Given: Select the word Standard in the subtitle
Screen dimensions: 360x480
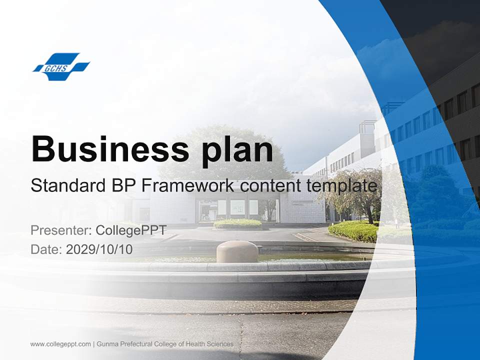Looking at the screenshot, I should click(x=62, y=186).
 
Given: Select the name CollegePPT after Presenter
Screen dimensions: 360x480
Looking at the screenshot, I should click(x=131, y=230).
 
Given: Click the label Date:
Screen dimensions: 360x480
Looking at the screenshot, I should click(x=46, y=249).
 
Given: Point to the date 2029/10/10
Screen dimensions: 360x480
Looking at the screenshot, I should click(x=99, y=249).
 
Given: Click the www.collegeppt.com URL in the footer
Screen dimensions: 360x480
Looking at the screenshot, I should click(x=60, y=344).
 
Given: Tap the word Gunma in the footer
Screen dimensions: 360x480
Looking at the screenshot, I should click(x=107, y=344).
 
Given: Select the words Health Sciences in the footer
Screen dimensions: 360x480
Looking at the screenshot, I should click(x=211, y=344).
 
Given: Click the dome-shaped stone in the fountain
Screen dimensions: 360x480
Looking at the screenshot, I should click(x=237, y=251).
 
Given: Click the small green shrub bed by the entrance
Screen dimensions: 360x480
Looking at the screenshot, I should click(x=238, y=223).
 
